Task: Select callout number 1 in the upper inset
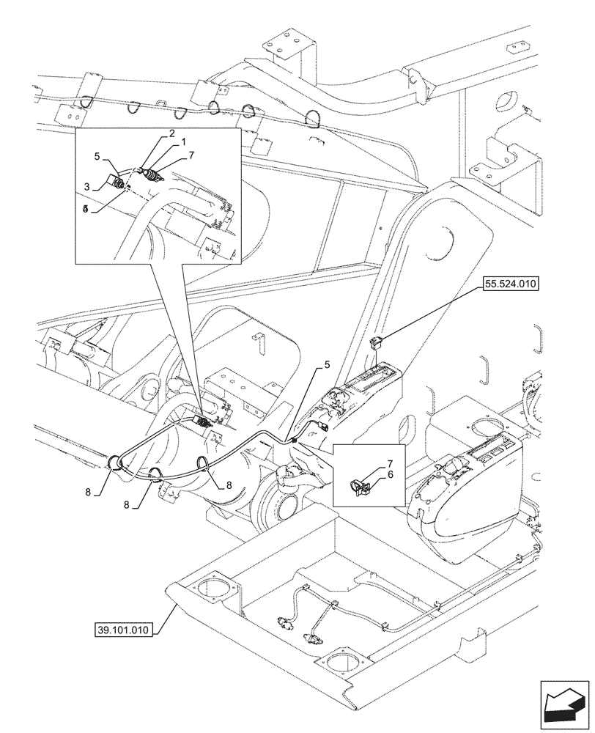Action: pos(184,141)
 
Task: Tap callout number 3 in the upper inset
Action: pos(86,187)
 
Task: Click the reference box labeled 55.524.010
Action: pos(509,285)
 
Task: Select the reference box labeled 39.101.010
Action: pos(123,630)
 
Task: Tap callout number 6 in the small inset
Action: pos(390,475)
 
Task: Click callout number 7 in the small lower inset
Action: pos(390,465)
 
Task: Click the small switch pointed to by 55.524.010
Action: pos(376,340)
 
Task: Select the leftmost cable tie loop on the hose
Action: pos(115,463)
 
